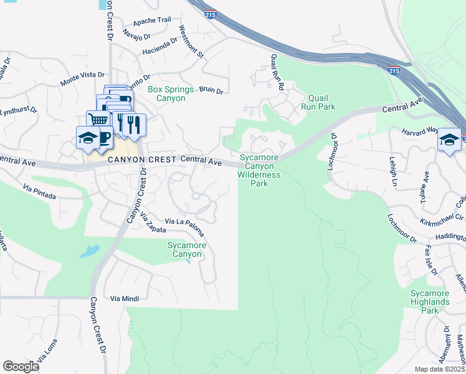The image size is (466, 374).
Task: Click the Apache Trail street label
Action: (151, 20)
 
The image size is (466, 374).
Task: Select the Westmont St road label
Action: (191, 42)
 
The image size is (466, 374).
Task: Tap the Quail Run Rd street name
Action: (277, 71)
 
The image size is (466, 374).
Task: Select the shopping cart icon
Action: (97, 120)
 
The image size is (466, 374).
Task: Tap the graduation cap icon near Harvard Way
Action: (449, 140)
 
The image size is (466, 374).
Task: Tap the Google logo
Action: (21, 366)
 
